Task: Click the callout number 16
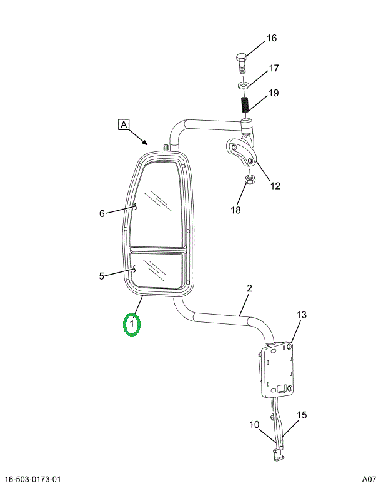click(x=272, y=38)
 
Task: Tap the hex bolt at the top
click(x=242, y=63)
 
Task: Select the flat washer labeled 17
click(x=243, y=84)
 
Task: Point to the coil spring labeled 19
click(x=244, y=104)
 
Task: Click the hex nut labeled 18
click(x=250, y=179)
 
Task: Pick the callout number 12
click(x=275, y=186)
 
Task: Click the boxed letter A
click(x=124, y=124)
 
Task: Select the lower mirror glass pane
click(x=156, y=269)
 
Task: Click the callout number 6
click(x=102, y=213)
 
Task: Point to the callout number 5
click(x=102, y=276)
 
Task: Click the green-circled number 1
click(x=132, y=324)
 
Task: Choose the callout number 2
click(x=249, y=288)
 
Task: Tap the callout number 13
click(x=301, y=315)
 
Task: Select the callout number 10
click(x=254, y=424)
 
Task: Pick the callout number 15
click(x=302, y=415)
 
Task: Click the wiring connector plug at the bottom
click(x=278, y=455)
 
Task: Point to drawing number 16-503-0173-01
click(x=33, y=479)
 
